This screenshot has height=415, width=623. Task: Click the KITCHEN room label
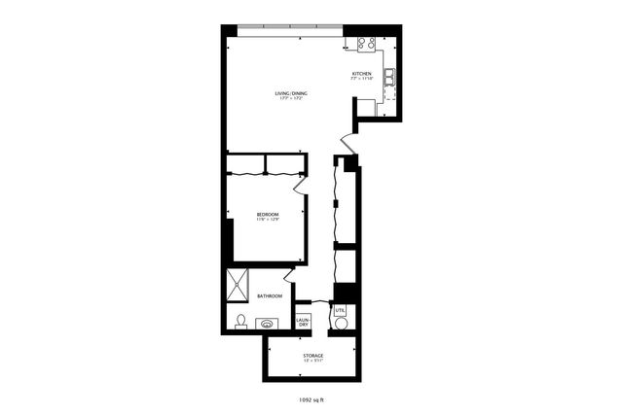tap(361, 74)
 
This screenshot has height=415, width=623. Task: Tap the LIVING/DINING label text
tap(289, 93)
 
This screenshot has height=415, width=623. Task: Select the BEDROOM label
tap(268, 214)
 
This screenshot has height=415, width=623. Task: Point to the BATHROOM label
tap(270, 295)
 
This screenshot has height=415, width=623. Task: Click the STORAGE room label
tap(312, 356)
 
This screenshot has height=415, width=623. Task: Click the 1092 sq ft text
tap(311, 398)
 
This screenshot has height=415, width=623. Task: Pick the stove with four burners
tap(366, 43)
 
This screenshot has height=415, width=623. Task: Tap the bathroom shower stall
tap(238, 285)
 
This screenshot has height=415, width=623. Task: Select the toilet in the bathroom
tap(240, 321)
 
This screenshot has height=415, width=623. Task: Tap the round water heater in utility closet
tap(341, 324)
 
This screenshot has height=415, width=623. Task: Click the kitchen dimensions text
tap(361, 80)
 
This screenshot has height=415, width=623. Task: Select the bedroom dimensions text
tap(268, 220)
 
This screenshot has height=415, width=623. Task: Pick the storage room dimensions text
tap(312, 362)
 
